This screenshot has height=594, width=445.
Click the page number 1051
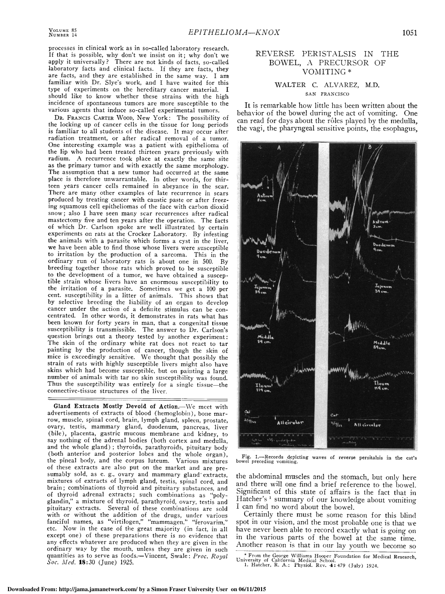pyautogui.click(x=409, y=33)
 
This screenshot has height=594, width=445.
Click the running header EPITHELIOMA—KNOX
pyautogui.click(x=234, y=33)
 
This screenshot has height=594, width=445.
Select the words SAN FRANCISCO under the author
pyautogui.click(x=327, y=94)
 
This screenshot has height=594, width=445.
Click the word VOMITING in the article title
pyautogui.click(x=324, y=72)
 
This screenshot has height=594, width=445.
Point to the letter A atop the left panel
pyautogui.click(x=279, y=148)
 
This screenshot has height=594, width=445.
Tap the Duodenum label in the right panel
pyautogui.click(x=383, y=247)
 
